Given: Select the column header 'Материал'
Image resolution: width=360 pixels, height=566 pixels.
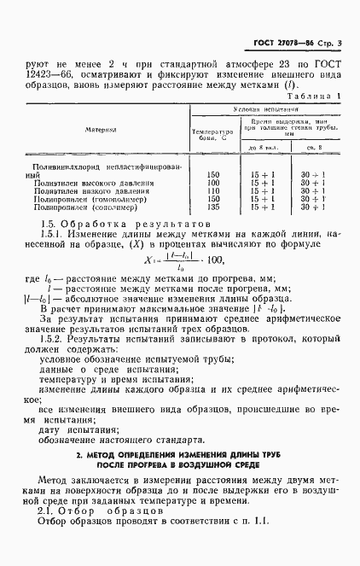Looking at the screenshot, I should [x=101, y=130].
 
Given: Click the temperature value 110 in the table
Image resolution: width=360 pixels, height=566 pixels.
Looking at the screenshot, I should [x=213, y=191].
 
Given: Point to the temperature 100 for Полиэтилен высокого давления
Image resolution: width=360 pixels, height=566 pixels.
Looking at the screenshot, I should [x=213, y=184].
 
